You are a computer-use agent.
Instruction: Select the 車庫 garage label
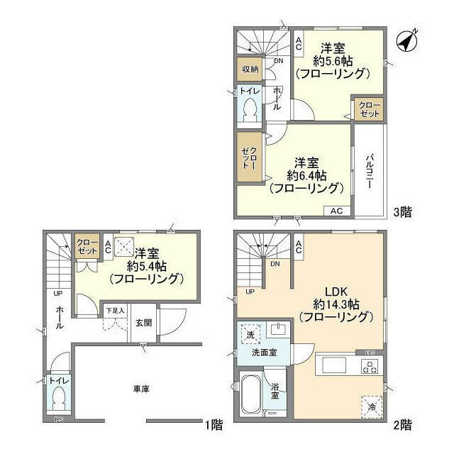(140, 388)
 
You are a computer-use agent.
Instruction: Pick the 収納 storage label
(249, 69)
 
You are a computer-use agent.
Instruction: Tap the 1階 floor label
(214, 426)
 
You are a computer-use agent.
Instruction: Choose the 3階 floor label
(403, 211)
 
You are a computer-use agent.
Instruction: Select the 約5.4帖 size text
(147, 266)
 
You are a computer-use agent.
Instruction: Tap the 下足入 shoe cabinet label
(115, 310)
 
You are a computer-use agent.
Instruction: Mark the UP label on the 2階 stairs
(249, 292)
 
